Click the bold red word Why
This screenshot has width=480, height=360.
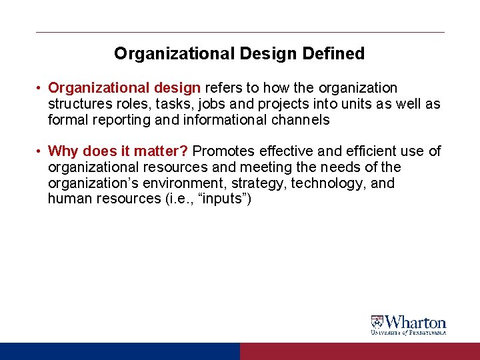pos(64,151)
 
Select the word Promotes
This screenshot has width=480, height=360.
pos(222,151)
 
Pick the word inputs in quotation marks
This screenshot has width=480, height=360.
pos(223,199)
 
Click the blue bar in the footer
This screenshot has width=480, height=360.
pos(119,351)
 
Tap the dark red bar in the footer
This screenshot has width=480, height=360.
pos(359,351)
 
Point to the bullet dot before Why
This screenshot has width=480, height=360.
pos(40,152)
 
